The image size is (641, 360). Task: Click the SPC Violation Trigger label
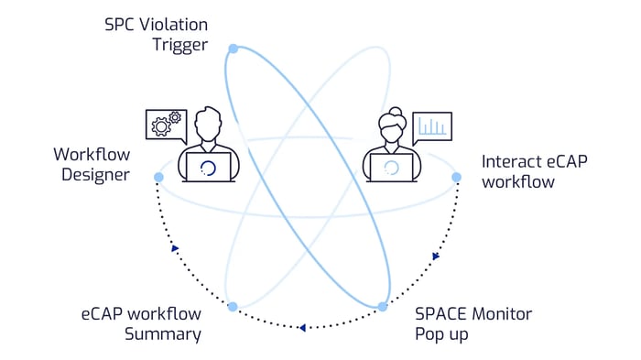pos(156,34)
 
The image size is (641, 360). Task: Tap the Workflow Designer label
pos(92,164)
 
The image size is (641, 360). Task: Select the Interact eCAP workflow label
pos(535,171)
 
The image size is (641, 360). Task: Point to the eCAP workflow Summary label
pos(141,323)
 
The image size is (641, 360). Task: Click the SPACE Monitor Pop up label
pos(473,323)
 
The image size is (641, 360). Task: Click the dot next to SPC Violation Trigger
pos(234,48)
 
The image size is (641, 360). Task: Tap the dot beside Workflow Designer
pos(158,176)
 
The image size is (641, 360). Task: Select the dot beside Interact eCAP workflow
pos(456,177)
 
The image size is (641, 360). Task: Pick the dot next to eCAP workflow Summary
pos(233,306)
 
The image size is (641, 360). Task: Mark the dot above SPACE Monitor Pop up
pos(383,306)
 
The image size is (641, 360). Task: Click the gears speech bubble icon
pos(166,125)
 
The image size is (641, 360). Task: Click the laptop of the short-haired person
pos(209,167)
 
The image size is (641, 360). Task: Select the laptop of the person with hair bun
pos(392,167)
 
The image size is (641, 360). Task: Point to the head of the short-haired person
pos(210,124)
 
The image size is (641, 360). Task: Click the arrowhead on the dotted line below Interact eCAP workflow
pos(436,256)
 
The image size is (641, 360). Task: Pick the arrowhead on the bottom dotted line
pos(303,326)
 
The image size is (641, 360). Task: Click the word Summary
pos(164,333)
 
